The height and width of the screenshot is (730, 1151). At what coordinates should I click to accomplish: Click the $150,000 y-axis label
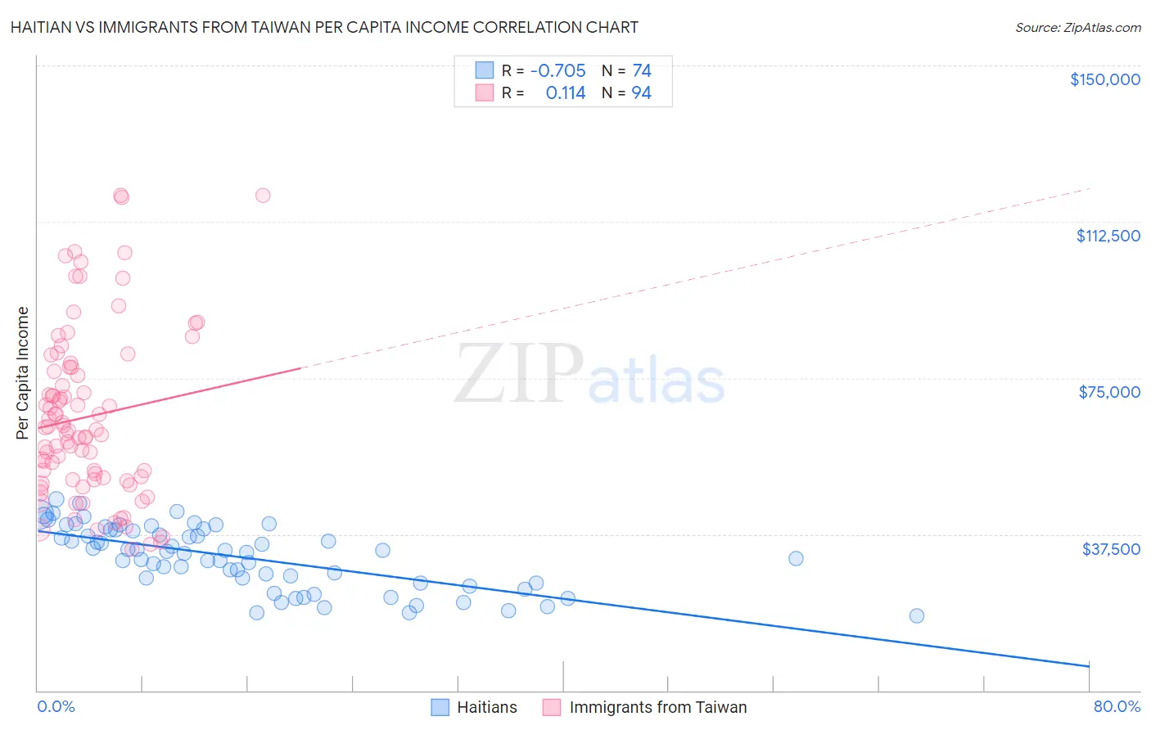(x=1104, y=79)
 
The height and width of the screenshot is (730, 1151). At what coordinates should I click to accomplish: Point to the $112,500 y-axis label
(x=1108, y=236)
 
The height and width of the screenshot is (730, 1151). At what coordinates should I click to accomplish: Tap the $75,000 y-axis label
(x=1109, y=392)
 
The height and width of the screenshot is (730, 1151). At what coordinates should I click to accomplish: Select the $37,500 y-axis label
(x=1111, y=549)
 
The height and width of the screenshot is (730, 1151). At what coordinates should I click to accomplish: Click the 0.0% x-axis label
(x=56, y=706)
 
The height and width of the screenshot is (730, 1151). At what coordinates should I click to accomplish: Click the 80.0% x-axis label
(x=1117, y=706)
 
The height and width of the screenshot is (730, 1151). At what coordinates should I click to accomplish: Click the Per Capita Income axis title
(x=23, y=372)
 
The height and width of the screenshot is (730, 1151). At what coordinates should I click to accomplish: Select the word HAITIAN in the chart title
(x=42, y=27)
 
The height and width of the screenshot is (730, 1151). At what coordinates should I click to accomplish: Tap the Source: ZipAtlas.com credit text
(x=1077, y=27)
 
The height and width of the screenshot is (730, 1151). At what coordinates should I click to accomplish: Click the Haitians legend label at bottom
(x=487, y=707)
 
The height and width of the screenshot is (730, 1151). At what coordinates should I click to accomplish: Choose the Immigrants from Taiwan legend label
(x=657, y=707)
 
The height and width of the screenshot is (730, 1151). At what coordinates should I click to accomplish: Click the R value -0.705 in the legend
(x=557, y=70)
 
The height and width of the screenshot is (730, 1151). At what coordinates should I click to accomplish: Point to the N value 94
(x=641, y=93)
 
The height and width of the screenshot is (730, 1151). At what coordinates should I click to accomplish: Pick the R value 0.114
(x=566, y=93)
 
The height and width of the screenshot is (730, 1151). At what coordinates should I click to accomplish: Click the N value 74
(x=641, y=70)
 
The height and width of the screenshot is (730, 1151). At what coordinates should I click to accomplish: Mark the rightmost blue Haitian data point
(x=917, y=615)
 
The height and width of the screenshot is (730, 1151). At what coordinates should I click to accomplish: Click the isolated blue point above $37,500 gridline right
(x=796, y=558)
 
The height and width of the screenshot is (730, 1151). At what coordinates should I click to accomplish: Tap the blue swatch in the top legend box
(x=485, y=70)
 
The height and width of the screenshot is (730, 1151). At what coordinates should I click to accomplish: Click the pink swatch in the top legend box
(x=485, y=93)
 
